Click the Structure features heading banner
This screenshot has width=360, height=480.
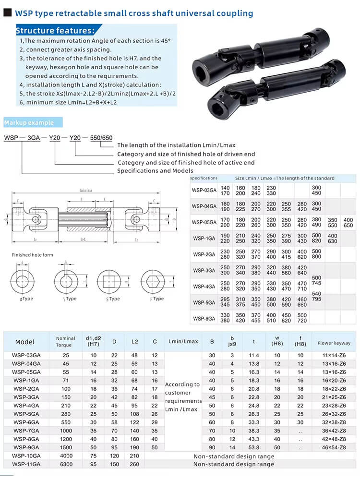coord(56,31)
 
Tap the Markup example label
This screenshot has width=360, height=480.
coord(29,123)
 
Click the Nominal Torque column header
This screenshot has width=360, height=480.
coord(66,341)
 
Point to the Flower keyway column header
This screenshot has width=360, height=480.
coord(334,343)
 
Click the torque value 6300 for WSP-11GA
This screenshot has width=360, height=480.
coord(66,464)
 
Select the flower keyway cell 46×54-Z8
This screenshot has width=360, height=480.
coord(334,447)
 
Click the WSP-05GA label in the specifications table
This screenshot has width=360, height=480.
coord(204,222)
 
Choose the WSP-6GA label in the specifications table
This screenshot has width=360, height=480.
coord(204,318)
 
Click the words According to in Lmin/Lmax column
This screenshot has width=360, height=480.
coord(182,384)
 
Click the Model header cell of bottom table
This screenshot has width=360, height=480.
coord(25,342)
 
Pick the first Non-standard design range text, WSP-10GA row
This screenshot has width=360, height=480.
coord(234,456)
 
